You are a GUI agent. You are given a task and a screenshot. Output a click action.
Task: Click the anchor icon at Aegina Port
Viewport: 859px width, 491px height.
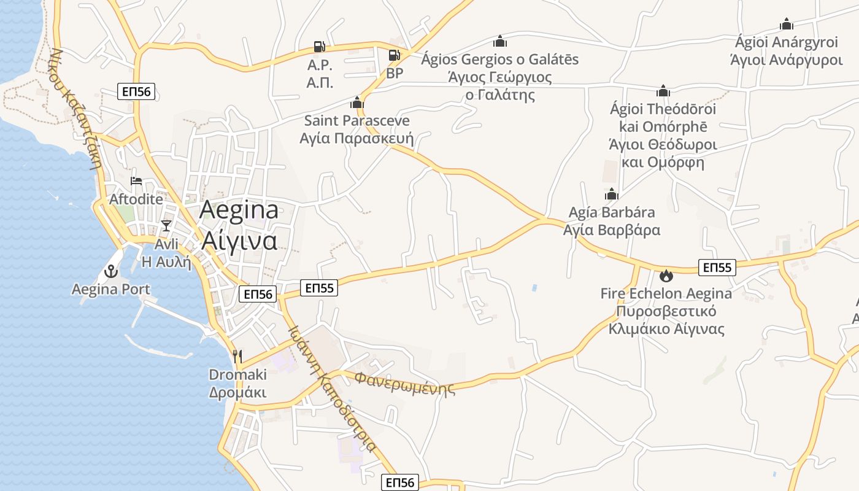point(112,270)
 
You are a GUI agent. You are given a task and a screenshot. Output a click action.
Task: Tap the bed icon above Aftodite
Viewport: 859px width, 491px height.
point(136,181)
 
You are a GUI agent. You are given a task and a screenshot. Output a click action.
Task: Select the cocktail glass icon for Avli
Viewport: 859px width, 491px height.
point(166,225)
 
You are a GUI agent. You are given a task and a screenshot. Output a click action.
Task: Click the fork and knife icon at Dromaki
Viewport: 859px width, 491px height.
point(237,356)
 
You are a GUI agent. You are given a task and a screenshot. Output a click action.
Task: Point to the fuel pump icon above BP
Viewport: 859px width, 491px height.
point(395,55)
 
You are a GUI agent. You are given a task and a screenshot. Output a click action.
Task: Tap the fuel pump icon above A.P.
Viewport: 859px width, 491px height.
point(319,46)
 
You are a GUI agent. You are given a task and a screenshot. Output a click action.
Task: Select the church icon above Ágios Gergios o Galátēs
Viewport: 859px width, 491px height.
point(500,41)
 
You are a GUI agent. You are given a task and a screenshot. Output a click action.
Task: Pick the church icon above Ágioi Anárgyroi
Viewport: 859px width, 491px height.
point(786,24)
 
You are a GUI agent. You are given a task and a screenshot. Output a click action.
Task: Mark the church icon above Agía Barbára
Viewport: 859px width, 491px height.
point(611,195)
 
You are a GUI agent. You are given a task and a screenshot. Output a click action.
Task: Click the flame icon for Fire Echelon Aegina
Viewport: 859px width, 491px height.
point(666,276)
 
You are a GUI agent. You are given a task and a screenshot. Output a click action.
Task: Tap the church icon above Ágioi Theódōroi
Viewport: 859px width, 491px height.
point(663,91)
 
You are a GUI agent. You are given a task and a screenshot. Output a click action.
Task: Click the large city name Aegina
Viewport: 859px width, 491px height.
point(239,210)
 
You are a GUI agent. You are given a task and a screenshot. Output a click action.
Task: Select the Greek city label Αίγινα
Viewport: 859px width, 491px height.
point(239,241)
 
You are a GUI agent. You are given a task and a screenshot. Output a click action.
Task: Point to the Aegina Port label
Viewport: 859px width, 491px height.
point(111,288)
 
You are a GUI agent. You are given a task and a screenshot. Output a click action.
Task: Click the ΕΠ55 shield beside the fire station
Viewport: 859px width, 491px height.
point(717,268)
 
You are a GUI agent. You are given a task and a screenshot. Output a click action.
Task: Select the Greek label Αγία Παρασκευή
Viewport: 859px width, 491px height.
point(356,138)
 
